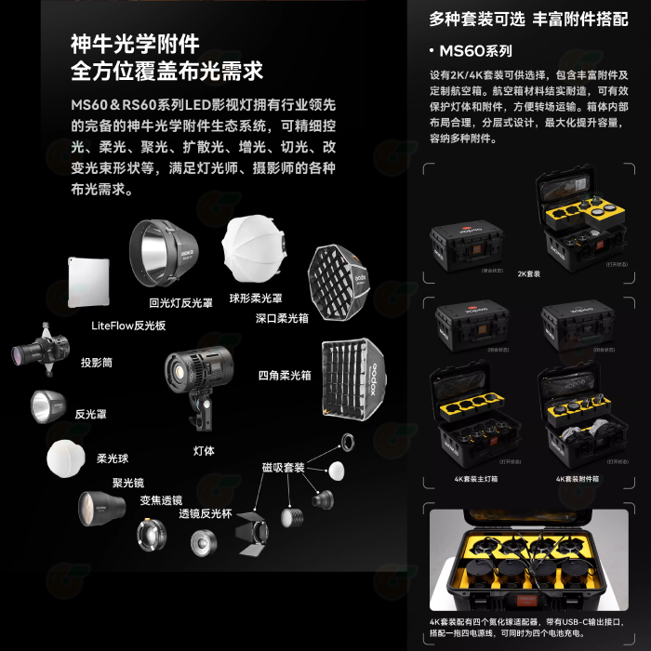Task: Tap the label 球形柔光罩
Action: pos(256,298)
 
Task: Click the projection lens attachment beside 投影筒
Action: pos(43,350)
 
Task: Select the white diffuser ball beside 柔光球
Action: pos(64,458)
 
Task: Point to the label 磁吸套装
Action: pos(284,467)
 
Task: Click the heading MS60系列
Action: pos(475,50)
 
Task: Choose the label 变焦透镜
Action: pos(161,499)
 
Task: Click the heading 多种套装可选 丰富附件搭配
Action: pos(527,19)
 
